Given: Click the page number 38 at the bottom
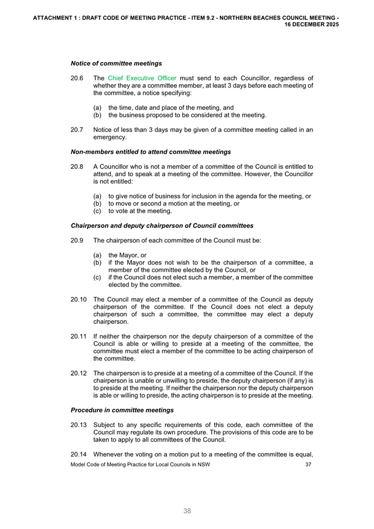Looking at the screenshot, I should (x=187, y=511).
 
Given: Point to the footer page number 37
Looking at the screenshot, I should (x=309, y=464).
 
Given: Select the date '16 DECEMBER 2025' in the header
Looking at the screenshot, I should (x=311, y=25).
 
